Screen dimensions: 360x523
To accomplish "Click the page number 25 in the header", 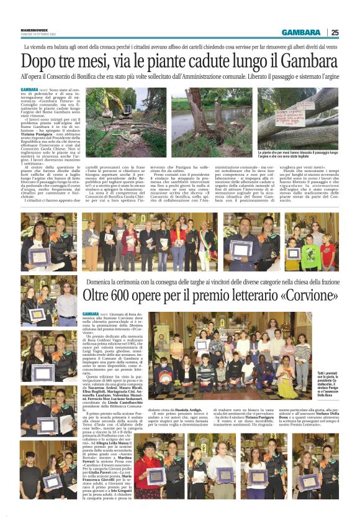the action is point(335,32).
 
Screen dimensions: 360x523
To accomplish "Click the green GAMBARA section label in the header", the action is point(300,32).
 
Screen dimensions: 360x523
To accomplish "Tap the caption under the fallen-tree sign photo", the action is point(297,155).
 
